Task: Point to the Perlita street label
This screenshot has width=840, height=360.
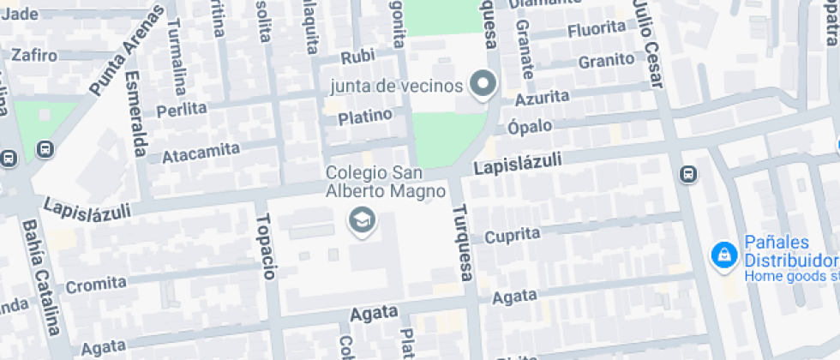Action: tap(182, 110)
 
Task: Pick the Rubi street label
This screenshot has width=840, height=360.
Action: tap(358, 57)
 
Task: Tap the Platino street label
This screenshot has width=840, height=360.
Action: tap(364, 115)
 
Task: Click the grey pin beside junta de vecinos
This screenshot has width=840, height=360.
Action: tap(484, 85)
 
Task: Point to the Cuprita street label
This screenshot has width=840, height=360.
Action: tap(513, 235)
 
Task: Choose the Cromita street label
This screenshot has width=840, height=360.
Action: tap(96, 284)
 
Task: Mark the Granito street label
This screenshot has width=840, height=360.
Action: tap(606, 61)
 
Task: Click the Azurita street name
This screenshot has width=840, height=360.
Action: tap(541, 98)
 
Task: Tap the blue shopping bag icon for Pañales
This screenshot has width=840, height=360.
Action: tap(725, 255)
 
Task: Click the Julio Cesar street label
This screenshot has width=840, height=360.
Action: tap(649, 44)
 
